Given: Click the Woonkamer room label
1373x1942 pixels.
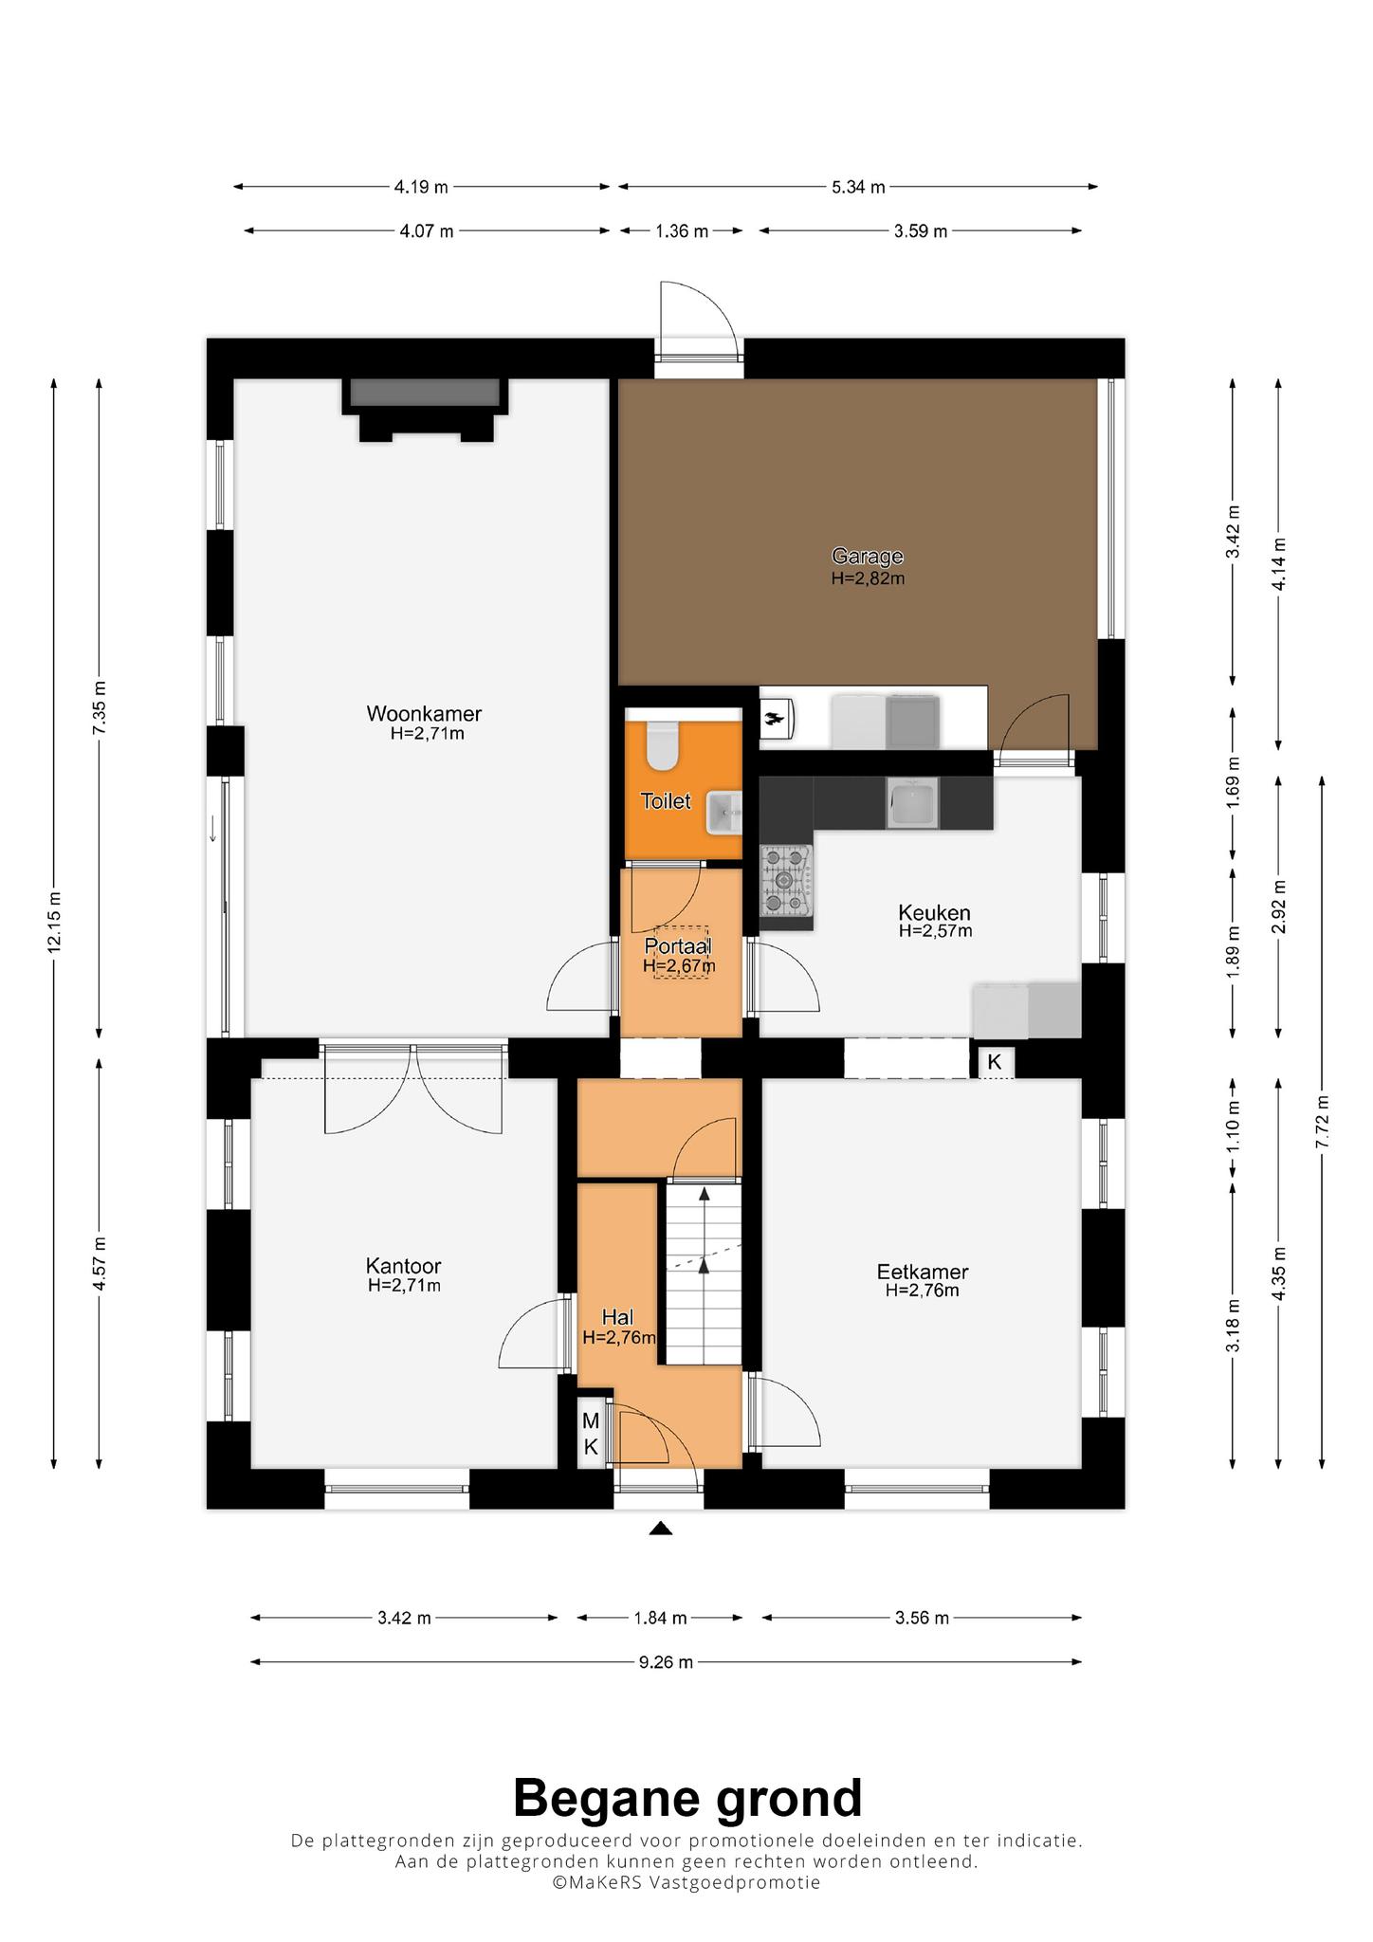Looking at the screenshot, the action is click(424, 713).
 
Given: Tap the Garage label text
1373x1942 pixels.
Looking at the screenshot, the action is click(867, 557).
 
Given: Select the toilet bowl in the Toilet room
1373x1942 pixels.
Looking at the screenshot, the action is click(660, 745).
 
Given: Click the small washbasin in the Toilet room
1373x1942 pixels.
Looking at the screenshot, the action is click(723, 813).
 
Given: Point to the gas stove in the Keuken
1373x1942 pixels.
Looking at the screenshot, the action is click(786, 880).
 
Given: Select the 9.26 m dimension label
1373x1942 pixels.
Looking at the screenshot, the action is click(666, 1661).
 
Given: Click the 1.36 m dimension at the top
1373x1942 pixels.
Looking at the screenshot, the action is click(681, 230).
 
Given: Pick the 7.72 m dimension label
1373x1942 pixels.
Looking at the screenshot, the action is click(1322, 1123).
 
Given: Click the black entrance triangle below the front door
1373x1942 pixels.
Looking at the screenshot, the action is click(661, 1528).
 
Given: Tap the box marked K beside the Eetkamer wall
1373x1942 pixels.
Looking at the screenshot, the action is click(995, 1061).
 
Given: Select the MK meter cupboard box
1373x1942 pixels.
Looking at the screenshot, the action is click(591, 1433).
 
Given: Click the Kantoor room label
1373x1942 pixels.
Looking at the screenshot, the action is click(404, 1266).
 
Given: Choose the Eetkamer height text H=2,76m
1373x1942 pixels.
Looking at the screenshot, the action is click(922, 1291).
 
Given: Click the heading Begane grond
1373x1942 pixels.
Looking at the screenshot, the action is click(687, 1798).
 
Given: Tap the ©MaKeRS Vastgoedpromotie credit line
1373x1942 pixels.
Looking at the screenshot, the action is click(686, 1882).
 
